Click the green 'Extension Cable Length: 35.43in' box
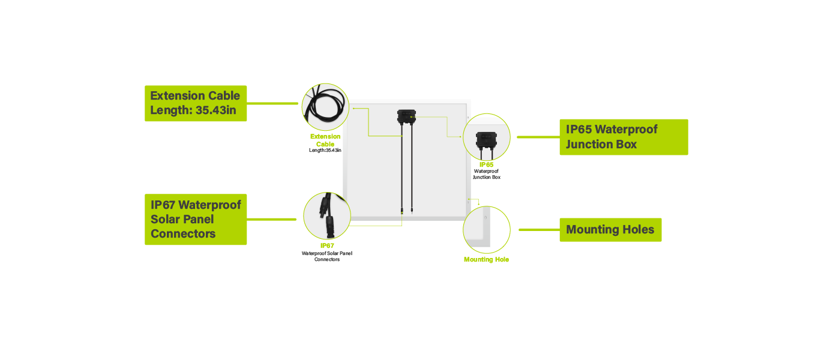pyautogui.click(x=196, y=103)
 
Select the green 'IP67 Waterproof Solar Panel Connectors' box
pyautogui.click(x=196, y=219)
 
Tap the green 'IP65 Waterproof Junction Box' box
pyautogui.click(x=624, y=137)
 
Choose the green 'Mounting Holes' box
pyautogui.click(x=610, y=230)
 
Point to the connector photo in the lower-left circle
pyautogui.click(x=326, y=215)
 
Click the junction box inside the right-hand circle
pyautogui.click(x=486, y=139)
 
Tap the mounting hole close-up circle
pyautogui.click(x=486, y=230)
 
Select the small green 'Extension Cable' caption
pyautogui.click(x=325, y=140)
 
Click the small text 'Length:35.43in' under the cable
pyautogui.click(x=325, y=150)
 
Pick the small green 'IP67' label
pyautogui.click(x=327, y=246)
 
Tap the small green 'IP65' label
pyautogui.click(x=486, y=164)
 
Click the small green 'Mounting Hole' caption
pyautogui.click(x=486, y=260)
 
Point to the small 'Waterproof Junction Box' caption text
pyautogui.click(x=486, y=174)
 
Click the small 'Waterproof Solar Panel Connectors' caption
pyautogui.click(x=327, y=256)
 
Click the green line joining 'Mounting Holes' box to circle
pyautogui.click(x=538, y=230)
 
